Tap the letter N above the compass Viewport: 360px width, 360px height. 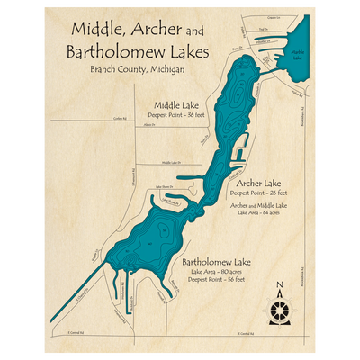pos(281,287)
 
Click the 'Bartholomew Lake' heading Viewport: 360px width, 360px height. pos(216,262)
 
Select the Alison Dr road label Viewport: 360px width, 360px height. pos(144,127)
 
